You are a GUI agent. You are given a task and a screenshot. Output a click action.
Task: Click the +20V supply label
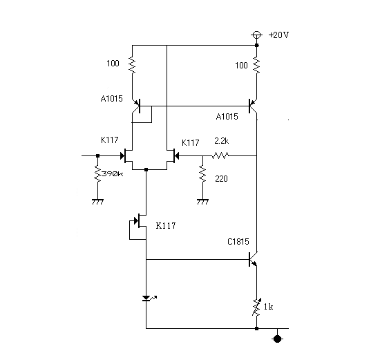click(278, 35)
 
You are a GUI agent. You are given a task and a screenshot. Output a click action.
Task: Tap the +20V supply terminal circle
click(256, 35)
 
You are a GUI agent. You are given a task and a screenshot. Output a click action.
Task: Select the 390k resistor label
click(113, 173)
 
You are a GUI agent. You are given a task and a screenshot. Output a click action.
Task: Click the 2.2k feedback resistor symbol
click(220, 155)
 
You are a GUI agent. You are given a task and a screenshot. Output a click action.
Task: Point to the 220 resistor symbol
click(202, 174)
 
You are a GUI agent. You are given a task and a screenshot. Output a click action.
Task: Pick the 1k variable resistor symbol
click(256, 307)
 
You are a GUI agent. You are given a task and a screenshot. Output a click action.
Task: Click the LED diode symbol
click(148, 298)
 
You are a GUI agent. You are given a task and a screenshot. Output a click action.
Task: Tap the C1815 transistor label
click(238, 242)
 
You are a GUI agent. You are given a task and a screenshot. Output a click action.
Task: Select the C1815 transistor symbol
click(254, 260)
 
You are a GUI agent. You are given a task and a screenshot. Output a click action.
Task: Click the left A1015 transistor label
click(112, 99)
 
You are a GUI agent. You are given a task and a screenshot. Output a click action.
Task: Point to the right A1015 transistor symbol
click(253, 106)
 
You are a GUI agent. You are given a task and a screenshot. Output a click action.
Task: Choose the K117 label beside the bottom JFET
click(166, 225)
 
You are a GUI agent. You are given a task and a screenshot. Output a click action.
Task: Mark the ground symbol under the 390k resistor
click(97, 202)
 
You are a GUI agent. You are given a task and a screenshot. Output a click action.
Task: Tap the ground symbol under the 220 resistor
click(202, 202)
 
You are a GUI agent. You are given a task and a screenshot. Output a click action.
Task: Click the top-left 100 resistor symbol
click(132, 65)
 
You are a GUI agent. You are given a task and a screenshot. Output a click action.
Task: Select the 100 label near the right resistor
click(241, 66)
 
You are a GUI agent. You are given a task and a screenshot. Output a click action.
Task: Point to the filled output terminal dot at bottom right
click(277, 339)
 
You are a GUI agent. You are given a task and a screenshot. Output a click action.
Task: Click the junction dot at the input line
click(97, 155)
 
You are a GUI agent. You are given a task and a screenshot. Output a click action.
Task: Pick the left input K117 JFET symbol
click(128, 155)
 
